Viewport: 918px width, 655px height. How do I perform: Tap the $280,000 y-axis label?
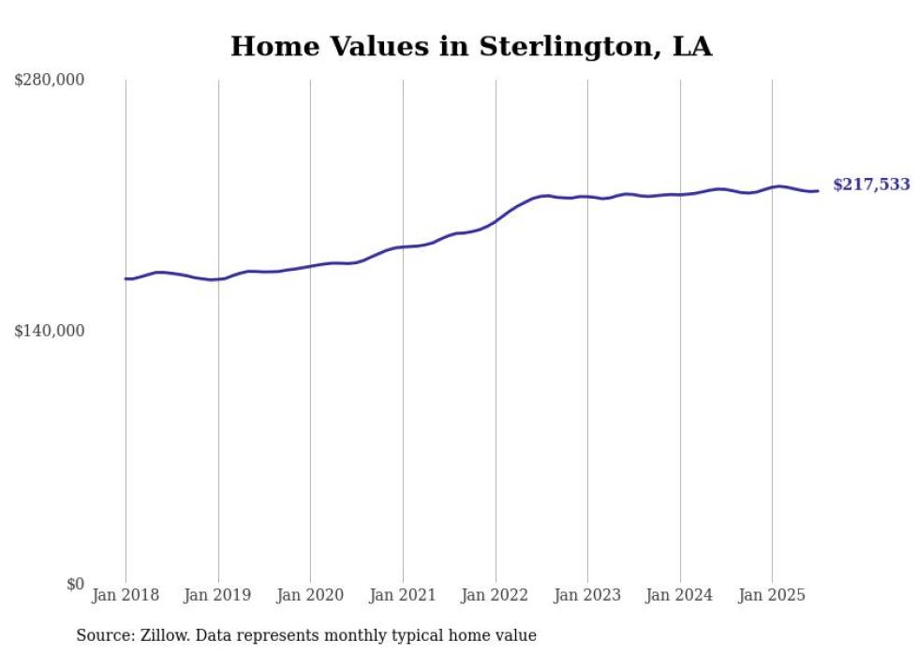[x=50, y=81]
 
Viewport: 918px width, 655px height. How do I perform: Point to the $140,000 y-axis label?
[x=50, y=331]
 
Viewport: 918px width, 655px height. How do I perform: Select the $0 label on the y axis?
[x=75, y=584]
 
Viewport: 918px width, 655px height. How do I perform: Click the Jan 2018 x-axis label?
[x=126, y=595]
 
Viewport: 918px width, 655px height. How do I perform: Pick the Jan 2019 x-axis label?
[x=218, y=595]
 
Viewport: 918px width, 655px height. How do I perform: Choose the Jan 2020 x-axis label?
[x=310, y=595]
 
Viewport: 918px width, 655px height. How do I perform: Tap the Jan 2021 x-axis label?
[x=403, y=595]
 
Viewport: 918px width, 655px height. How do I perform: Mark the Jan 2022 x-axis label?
[x=496, y=595]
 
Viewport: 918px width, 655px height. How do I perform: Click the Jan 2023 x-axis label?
[x=587, y=595]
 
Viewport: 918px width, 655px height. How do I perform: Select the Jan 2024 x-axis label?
[x=680, y=595]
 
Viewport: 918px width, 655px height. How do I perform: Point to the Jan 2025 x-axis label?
[x=772, y=595]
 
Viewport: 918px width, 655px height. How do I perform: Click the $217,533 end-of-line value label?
[x=871, y=186]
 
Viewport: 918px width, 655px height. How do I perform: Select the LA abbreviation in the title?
[x=692, y=47]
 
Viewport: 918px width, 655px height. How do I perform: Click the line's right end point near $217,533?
[x=819, y=191]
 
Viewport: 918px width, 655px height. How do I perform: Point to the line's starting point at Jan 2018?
[x=126, y=278]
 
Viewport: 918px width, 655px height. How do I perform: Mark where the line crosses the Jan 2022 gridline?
[x=496, y=221]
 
